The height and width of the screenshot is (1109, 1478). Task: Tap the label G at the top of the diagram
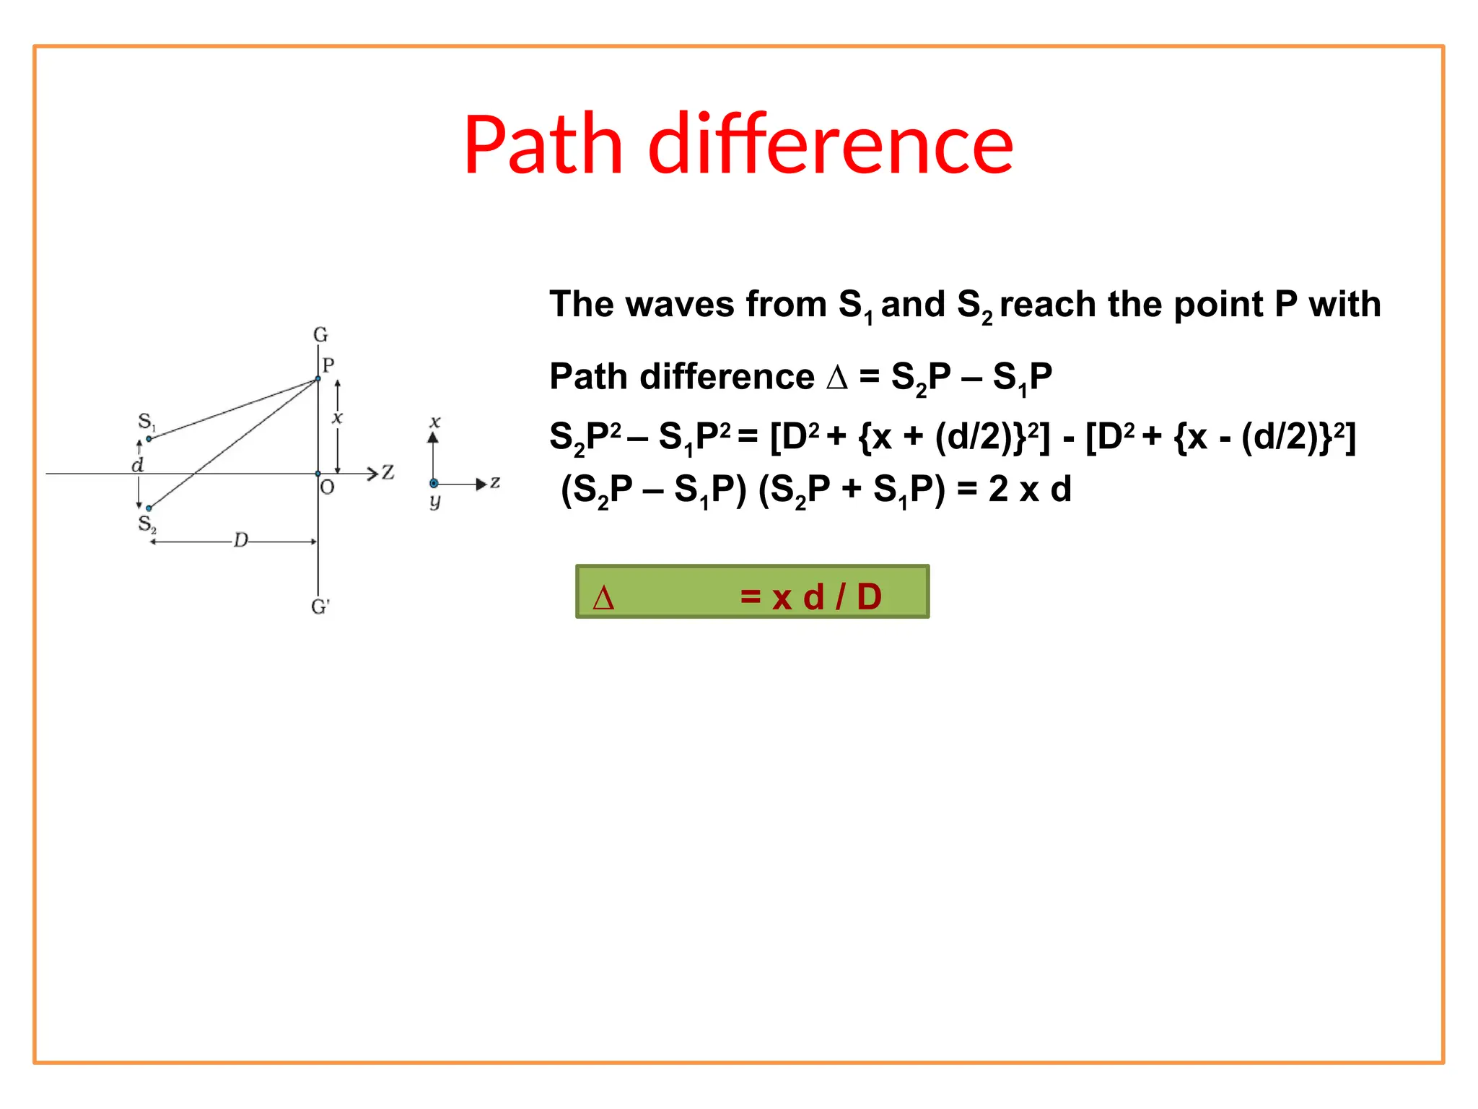point(320,334)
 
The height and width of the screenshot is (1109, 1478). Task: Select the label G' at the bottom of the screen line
point(320,606)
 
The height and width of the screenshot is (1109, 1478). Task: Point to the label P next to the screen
point(328,365)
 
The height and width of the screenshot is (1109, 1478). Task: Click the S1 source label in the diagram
point(146,422)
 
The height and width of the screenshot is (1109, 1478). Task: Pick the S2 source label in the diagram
point(147,523)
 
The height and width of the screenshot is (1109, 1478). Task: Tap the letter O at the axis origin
point(328,488)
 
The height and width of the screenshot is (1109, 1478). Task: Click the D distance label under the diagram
point(240,540)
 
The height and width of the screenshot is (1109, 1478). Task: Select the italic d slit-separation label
point(137,465)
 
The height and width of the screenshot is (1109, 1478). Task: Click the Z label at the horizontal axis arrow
point(388,472)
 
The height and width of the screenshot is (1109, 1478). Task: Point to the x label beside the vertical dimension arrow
point(337,417)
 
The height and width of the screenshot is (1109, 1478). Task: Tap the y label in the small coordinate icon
point(434,501)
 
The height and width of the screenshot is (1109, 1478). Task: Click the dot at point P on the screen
point(318,378)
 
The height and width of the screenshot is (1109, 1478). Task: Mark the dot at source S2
point(149,508)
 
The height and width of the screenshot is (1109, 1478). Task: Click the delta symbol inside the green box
point(603,598)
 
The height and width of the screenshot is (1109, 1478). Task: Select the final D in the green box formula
point(869,597)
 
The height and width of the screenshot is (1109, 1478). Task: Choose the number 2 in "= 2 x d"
point(998,490)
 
